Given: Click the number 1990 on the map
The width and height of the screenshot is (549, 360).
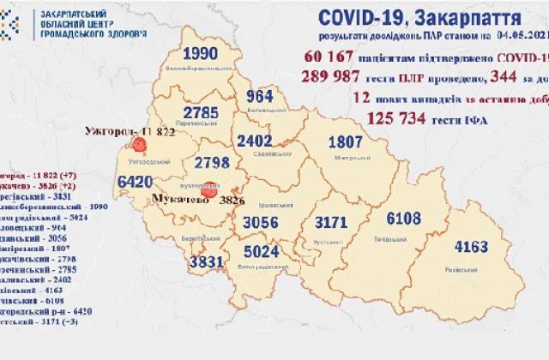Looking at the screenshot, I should point(199,54).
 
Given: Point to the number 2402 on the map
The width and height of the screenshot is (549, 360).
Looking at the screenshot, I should point(255,141).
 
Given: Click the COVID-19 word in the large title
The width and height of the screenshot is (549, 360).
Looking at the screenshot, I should point(355,18).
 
